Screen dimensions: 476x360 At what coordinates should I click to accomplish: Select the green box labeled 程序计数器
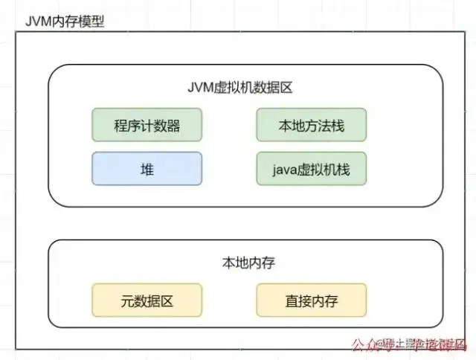(x=147, y=125)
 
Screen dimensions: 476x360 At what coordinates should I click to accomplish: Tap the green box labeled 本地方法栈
(x=312, y=125)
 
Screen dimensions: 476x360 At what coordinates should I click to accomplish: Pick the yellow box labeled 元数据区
(x=147, y=301)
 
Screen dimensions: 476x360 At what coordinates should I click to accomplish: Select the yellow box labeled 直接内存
(x=312, y=301)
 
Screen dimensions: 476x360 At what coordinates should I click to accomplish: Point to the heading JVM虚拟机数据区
(x=240, y=88)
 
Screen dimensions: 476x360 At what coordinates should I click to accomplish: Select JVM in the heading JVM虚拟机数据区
(x=201, y=88)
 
